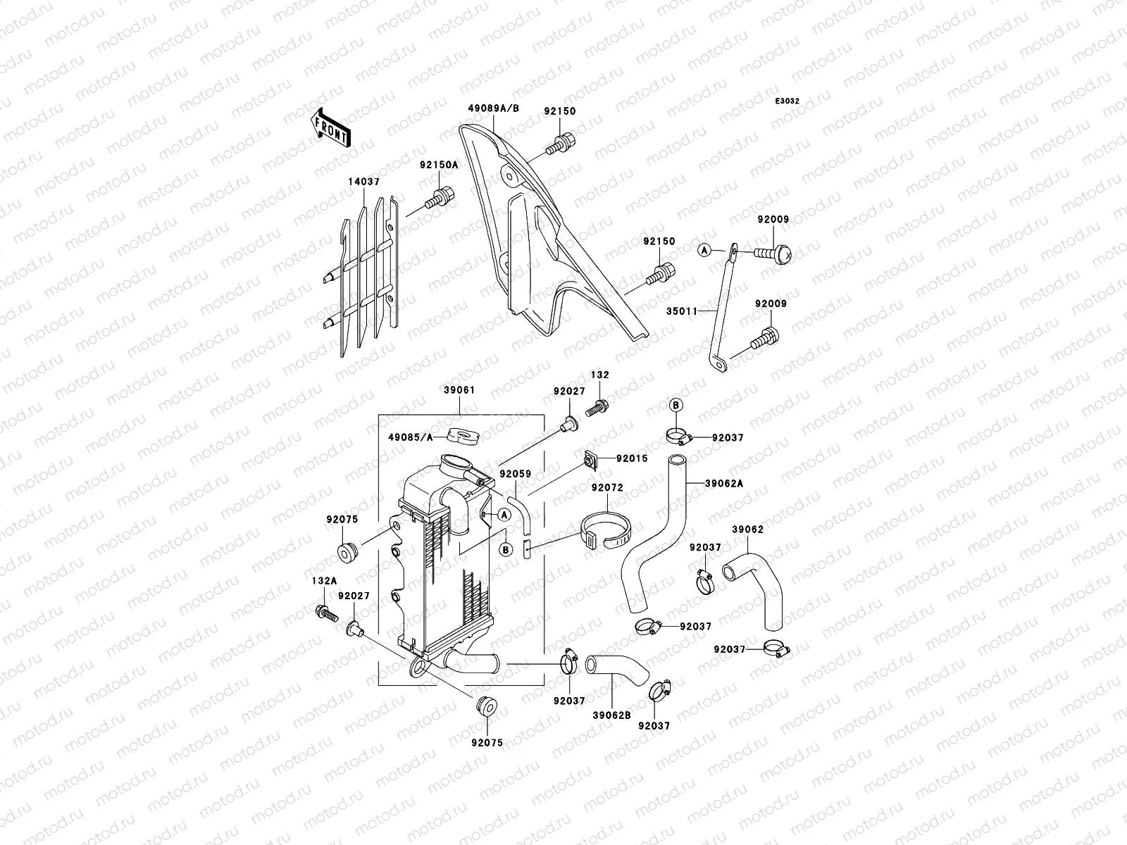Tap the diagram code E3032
coord(787,101)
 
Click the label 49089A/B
coord(493,108)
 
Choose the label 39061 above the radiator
coord(459,389)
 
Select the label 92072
coord(607,487)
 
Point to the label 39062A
coord(726,484)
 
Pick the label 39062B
coord(611,713)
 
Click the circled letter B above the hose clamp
coord(675,405)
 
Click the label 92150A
coord(439,165)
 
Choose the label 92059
coord(516,475)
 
